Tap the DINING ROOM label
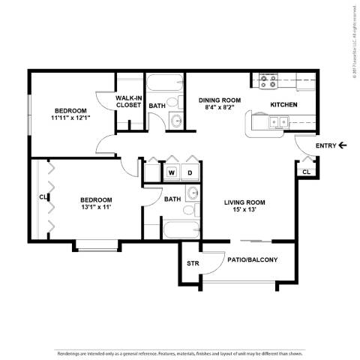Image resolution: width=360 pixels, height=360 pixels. click(219, 104)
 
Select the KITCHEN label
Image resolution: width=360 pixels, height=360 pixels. click(284, 104)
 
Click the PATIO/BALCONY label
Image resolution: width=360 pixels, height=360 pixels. click(252, 260)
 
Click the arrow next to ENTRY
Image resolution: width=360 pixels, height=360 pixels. click(343, 145)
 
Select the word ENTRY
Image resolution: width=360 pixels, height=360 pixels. click(325, 145)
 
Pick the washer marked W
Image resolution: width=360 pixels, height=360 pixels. click(172, 173)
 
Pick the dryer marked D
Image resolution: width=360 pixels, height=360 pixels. click(190, 173)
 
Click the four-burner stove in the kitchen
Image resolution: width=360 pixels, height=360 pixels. click(268, 80)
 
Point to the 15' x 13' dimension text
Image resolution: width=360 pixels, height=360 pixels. click(245, 211)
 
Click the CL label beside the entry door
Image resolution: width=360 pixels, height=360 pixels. click(305, 172)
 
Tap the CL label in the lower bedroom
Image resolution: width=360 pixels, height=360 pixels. click(43, 198)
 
